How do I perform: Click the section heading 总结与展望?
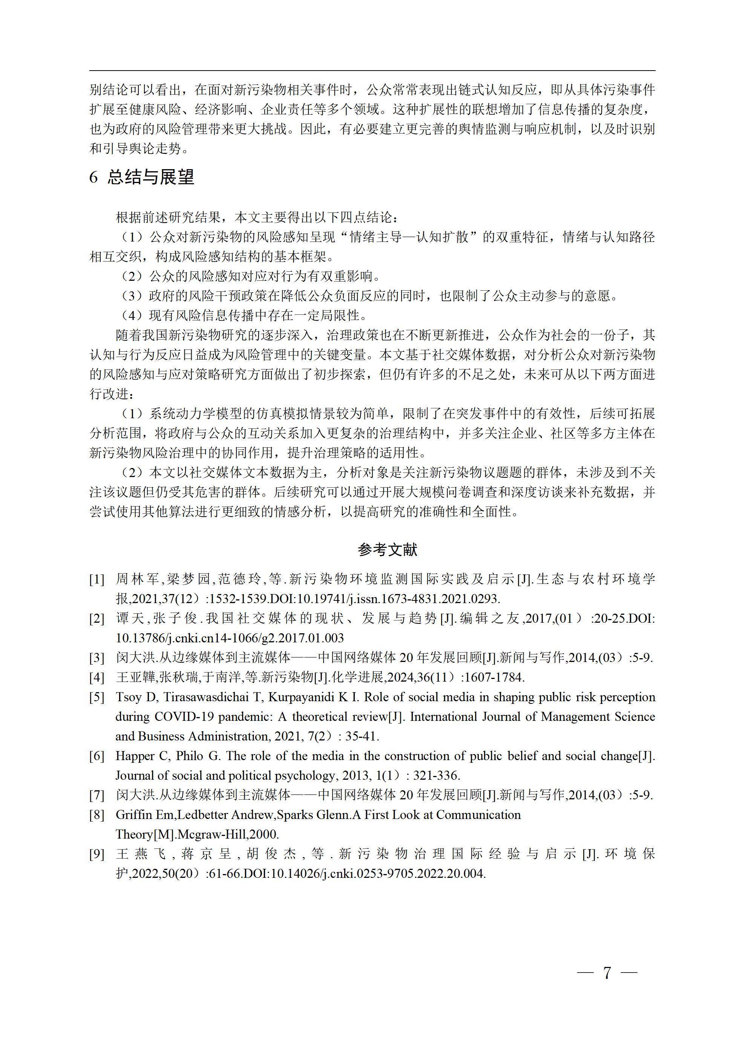[151, 177]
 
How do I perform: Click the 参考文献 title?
[388, 550]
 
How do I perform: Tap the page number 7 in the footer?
[607, 974]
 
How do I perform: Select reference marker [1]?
[97, 579]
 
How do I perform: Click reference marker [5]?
[97, 697]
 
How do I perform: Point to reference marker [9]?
[97, 854]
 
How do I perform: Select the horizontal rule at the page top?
[372, 71]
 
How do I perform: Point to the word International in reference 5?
[444, 717]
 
